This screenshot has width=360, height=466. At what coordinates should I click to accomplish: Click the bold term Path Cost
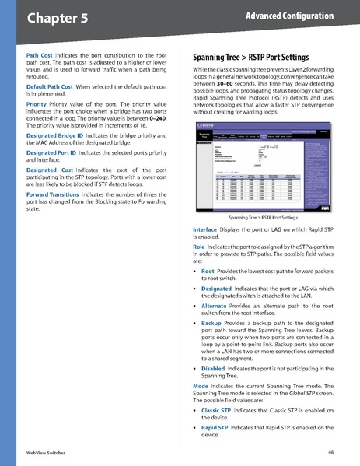point(40,56)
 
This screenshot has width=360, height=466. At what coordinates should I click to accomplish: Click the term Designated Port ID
point(51,154)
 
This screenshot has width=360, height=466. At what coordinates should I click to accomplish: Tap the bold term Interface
point(206,231)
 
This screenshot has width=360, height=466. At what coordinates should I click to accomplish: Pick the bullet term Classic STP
point(215,410)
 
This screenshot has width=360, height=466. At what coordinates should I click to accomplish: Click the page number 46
point(330,452)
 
